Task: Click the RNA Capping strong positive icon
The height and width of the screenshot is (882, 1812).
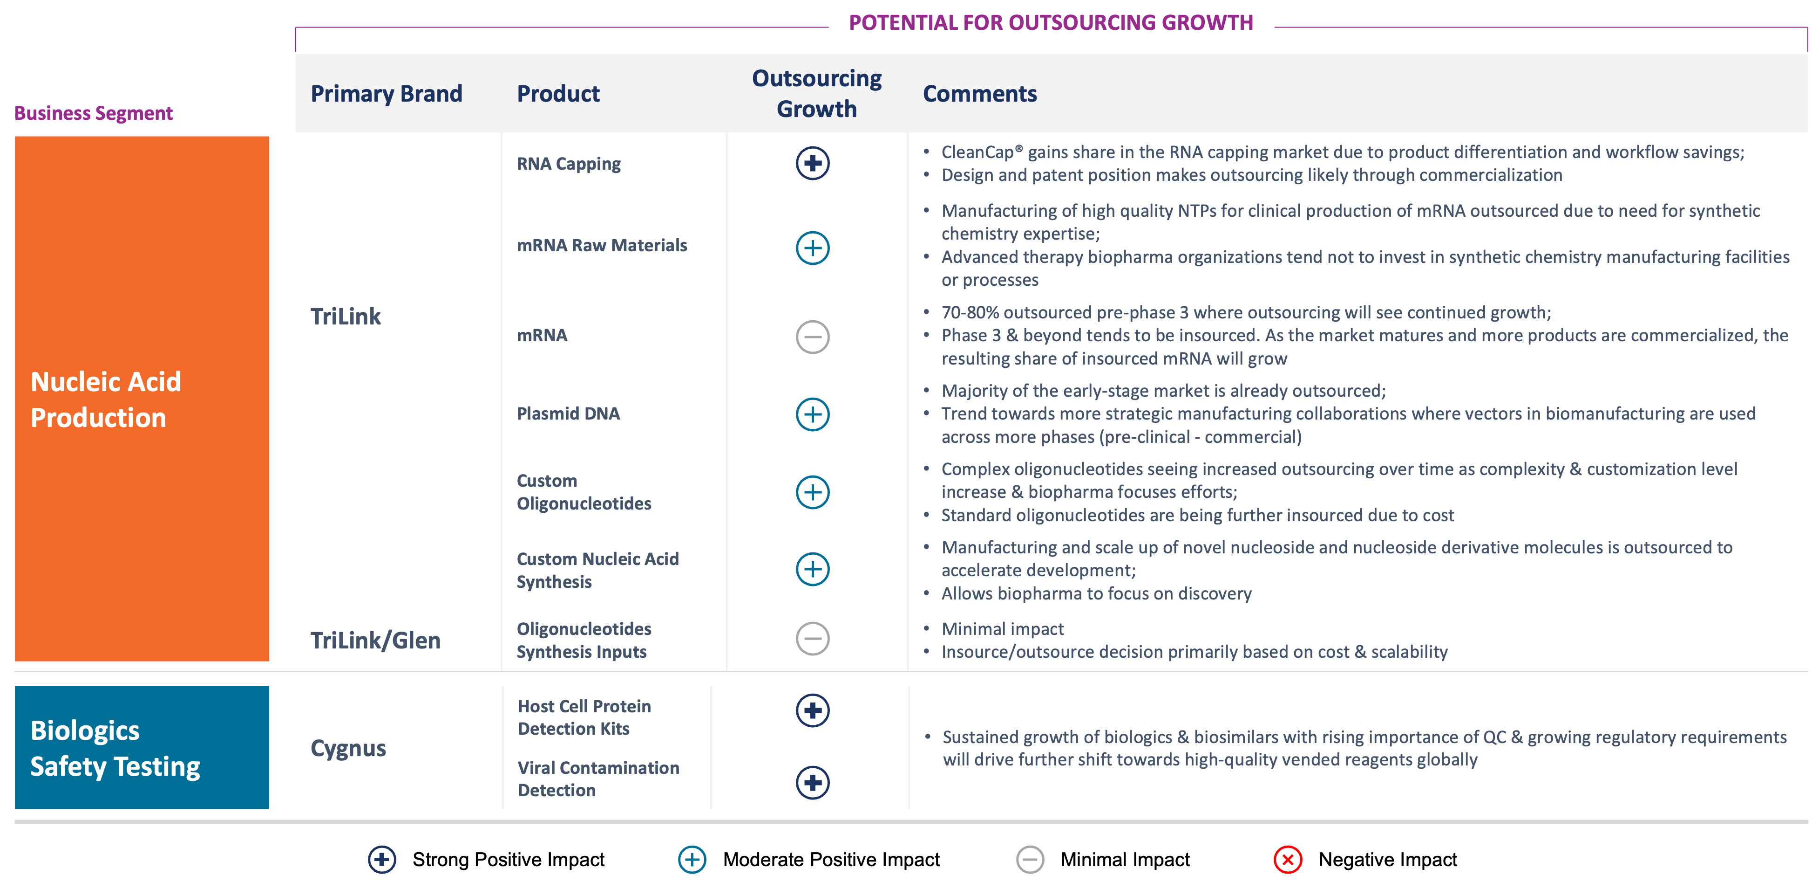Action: pyautogui.click(x=813, y=163)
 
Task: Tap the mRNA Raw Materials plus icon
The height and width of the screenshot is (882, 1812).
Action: pyautogui.click(x=813, y=248)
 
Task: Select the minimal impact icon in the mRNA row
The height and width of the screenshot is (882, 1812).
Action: pyautogui.click(x=813, y=337)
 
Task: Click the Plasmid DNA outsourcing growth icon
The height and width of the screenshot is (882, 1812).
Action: pyautogui.click(x=813, y=414)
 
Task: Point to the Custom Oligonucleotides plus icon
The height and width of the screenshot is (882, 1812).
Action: pyautogui.click(x=813, y=492)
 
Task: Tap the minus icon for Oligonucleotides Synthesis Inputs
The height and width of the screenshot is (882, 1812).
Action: pyautogui.click(x=813, y=639)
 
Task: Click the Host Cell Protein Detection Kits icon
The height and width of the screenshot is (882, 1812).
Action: pyautogui.click(x=813, y=710)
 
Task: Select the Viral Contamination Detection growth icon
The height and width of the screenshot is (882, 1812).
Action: pyautogui.click(x=813, y=783)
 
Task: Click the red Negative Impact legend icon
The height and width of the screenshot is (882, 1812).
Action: pyautogui.click(x=1287, y=860)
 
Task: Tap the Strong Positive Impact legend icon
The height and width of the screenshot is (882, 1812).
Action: pyautogui.click(x=382, y=860)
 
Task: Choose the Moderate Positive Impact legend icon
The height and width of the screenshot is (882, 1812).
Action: pyautogui.click(x=692, y=860)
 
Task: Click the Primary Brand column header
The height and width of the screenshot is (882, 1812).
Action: pyautogui.click(x=386, y=94)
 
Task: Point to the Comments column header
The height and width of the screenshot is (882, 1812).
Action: pyautogui.click(x=979, y=94)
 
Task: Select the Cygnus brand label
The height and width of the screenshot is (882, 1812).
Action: pyautogui.click(x=348, y=748)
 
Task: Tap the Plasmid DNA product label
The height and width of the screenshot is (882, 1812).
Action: pyautogui.click(x=568, y=414)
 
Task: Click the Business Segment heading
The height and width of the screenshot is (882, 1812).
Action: pyautogui.click(x=94, y=113)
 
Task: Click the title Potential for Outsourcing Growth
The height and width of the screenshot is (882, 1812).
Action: pyautogui.click(x=1051, y=22)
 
